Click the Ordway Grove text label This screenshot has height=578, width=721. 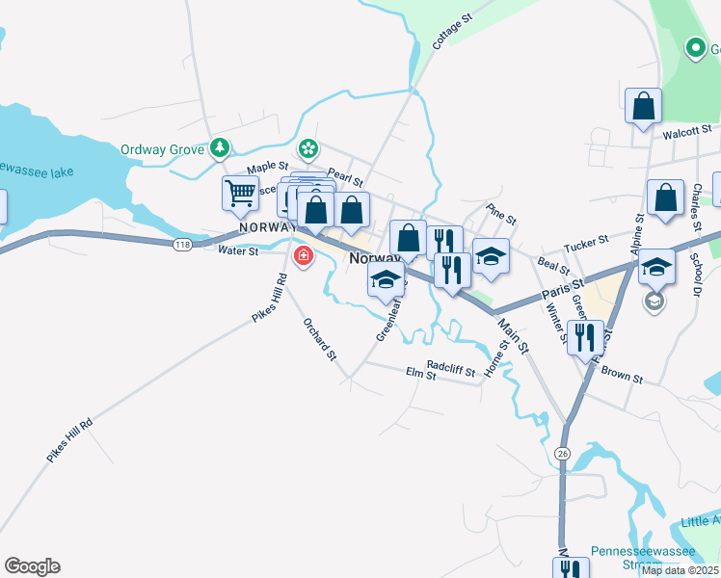pyautogui.click(x=162, y=149)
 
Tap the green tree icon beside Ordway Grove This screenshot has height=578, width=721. pyautogui.click(x=222, y=147)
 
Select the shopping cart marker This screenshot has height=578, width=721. pyautogui.click(x=239, y=192)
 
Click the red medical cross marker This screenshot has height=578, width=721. pyautogui.click(x=304, y=256)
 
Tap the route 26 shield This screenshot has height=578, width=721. pyautogui.click(x=563, y=453)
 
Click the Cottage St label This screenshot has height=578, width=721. pyautogui.click(x=451, y=31)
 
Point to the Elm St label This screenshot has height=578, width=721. pyautogui.click(x=421, y=374)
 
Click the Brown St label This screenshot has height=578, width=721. pyautogui.click(x=621, y=374)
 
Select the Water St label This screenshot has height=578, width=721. pyautogui.click(x=238, y=251)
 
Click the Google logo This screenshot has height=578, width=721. pyautogui.click(x=32, y=566)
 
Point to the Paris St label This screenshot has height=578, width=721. pyautogui.click(x=563, y=288)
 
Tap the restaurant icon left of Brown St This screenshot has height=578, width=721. pyautogui.click(x=585, y=337)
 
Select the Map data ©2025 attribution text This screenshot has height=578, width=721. pyautogui.click(x=680, y=570)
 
